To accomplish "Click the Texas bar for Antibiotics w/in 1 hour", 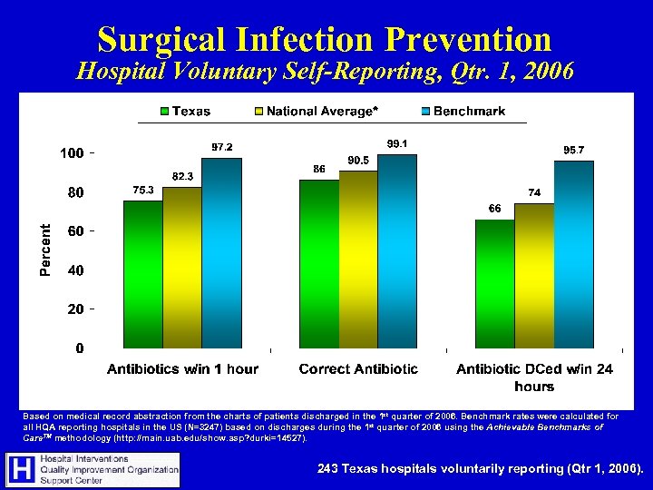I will point(142,274).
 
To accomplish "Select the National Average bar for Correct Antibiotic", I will point(358,260).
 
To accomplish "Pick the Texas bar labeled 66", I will point(494,283).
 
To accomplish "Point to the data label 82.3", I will point(183,175).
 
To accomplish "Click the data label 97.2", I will point(222,146).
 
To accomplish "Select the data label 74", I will point(535,192).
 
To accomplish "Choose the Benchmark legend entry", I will point(469,112).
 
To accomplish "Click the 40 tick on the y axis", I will point(76,270).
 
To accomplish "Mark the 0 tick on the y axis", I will point(81,348).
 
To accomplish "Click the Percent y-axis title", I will point(45,250).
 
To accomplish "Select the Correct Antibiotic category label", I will point(358,368).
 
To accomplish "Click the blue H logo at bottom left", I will point(21,468).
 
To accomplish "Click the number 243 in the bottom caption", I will point(330,469).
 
